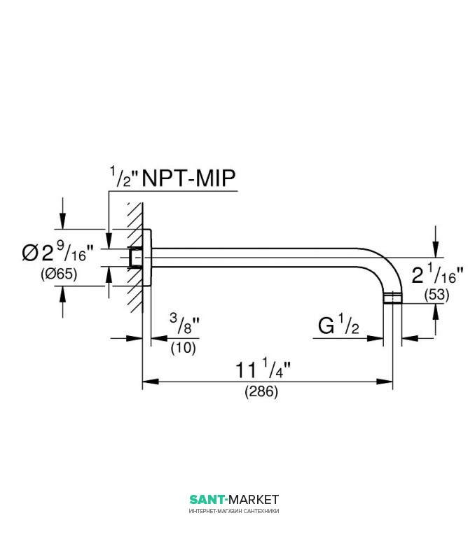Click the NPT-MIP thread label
pyautogui.click(x=188, y=178)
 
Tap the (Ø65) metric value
pyautogui.click(x=59, y=274)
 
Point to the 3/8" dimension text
pyautogui.click(x=184, y=323)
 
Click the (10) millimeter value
pyautogui.click(x=183, y=347)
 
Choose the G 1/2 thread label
pyautogui.click(x=338, y=325)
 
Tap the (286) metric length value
pyautogui.click(x=261, y=391)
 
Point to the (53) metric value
pyautogui.click(x=436, y=295)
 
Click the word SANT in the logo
pyautogui.click(x=207, y=499)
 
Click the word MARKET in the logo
pyautogui.click(x=254, y=499)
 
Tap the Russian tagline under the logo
pyautogui.click(x=234, y=511)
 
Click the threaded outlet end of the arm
pyautogui.click(x=392, y=298)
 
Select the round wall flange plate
pyautogui.click(x=147, y=257)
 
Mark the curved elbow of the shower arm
pyautogui.click(x=383, y=266)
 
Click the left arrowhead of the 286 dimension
pyautogui.click(x=151, y=381)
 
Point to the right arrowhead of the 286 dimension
pyautogui.click(x=385, y=381)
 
